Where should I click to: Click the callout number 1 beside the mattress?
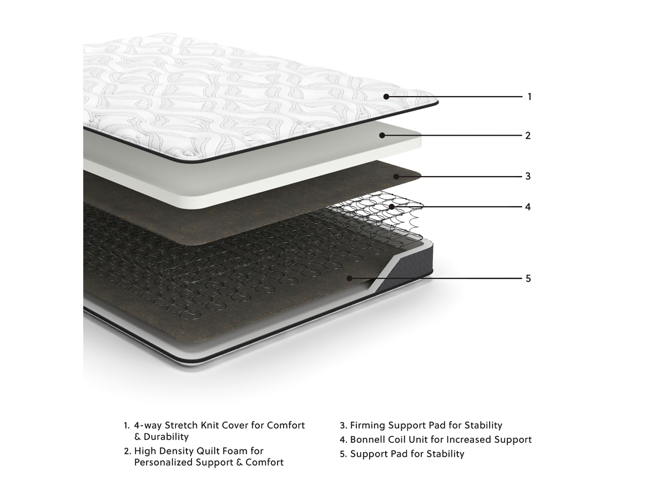tap(529, 97)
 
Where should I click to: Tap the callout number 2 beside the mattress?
tap(528, 136)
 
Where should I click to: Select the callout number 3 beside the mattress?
tap(528, 176)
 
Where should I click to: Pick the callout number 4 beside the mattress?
tap(528, 207)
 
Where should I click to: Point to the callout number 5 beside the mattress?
tap(528, 278)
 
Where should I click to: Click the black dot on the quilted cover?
tap(386, 97)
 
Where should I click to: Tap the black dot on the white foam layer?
tap(382, 136)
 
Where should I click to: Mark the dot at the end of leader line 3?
tap(396, 176)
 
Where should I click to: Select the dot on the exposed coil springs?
tap(391, 207)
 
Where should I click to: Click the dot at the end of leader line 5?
tap(349, 278)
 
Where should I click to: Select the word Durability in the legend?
tap(166, 437)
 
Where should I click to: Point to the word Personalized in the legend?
tap(164, 462)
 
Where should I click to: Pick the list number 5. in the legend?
tap(343, 454)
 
